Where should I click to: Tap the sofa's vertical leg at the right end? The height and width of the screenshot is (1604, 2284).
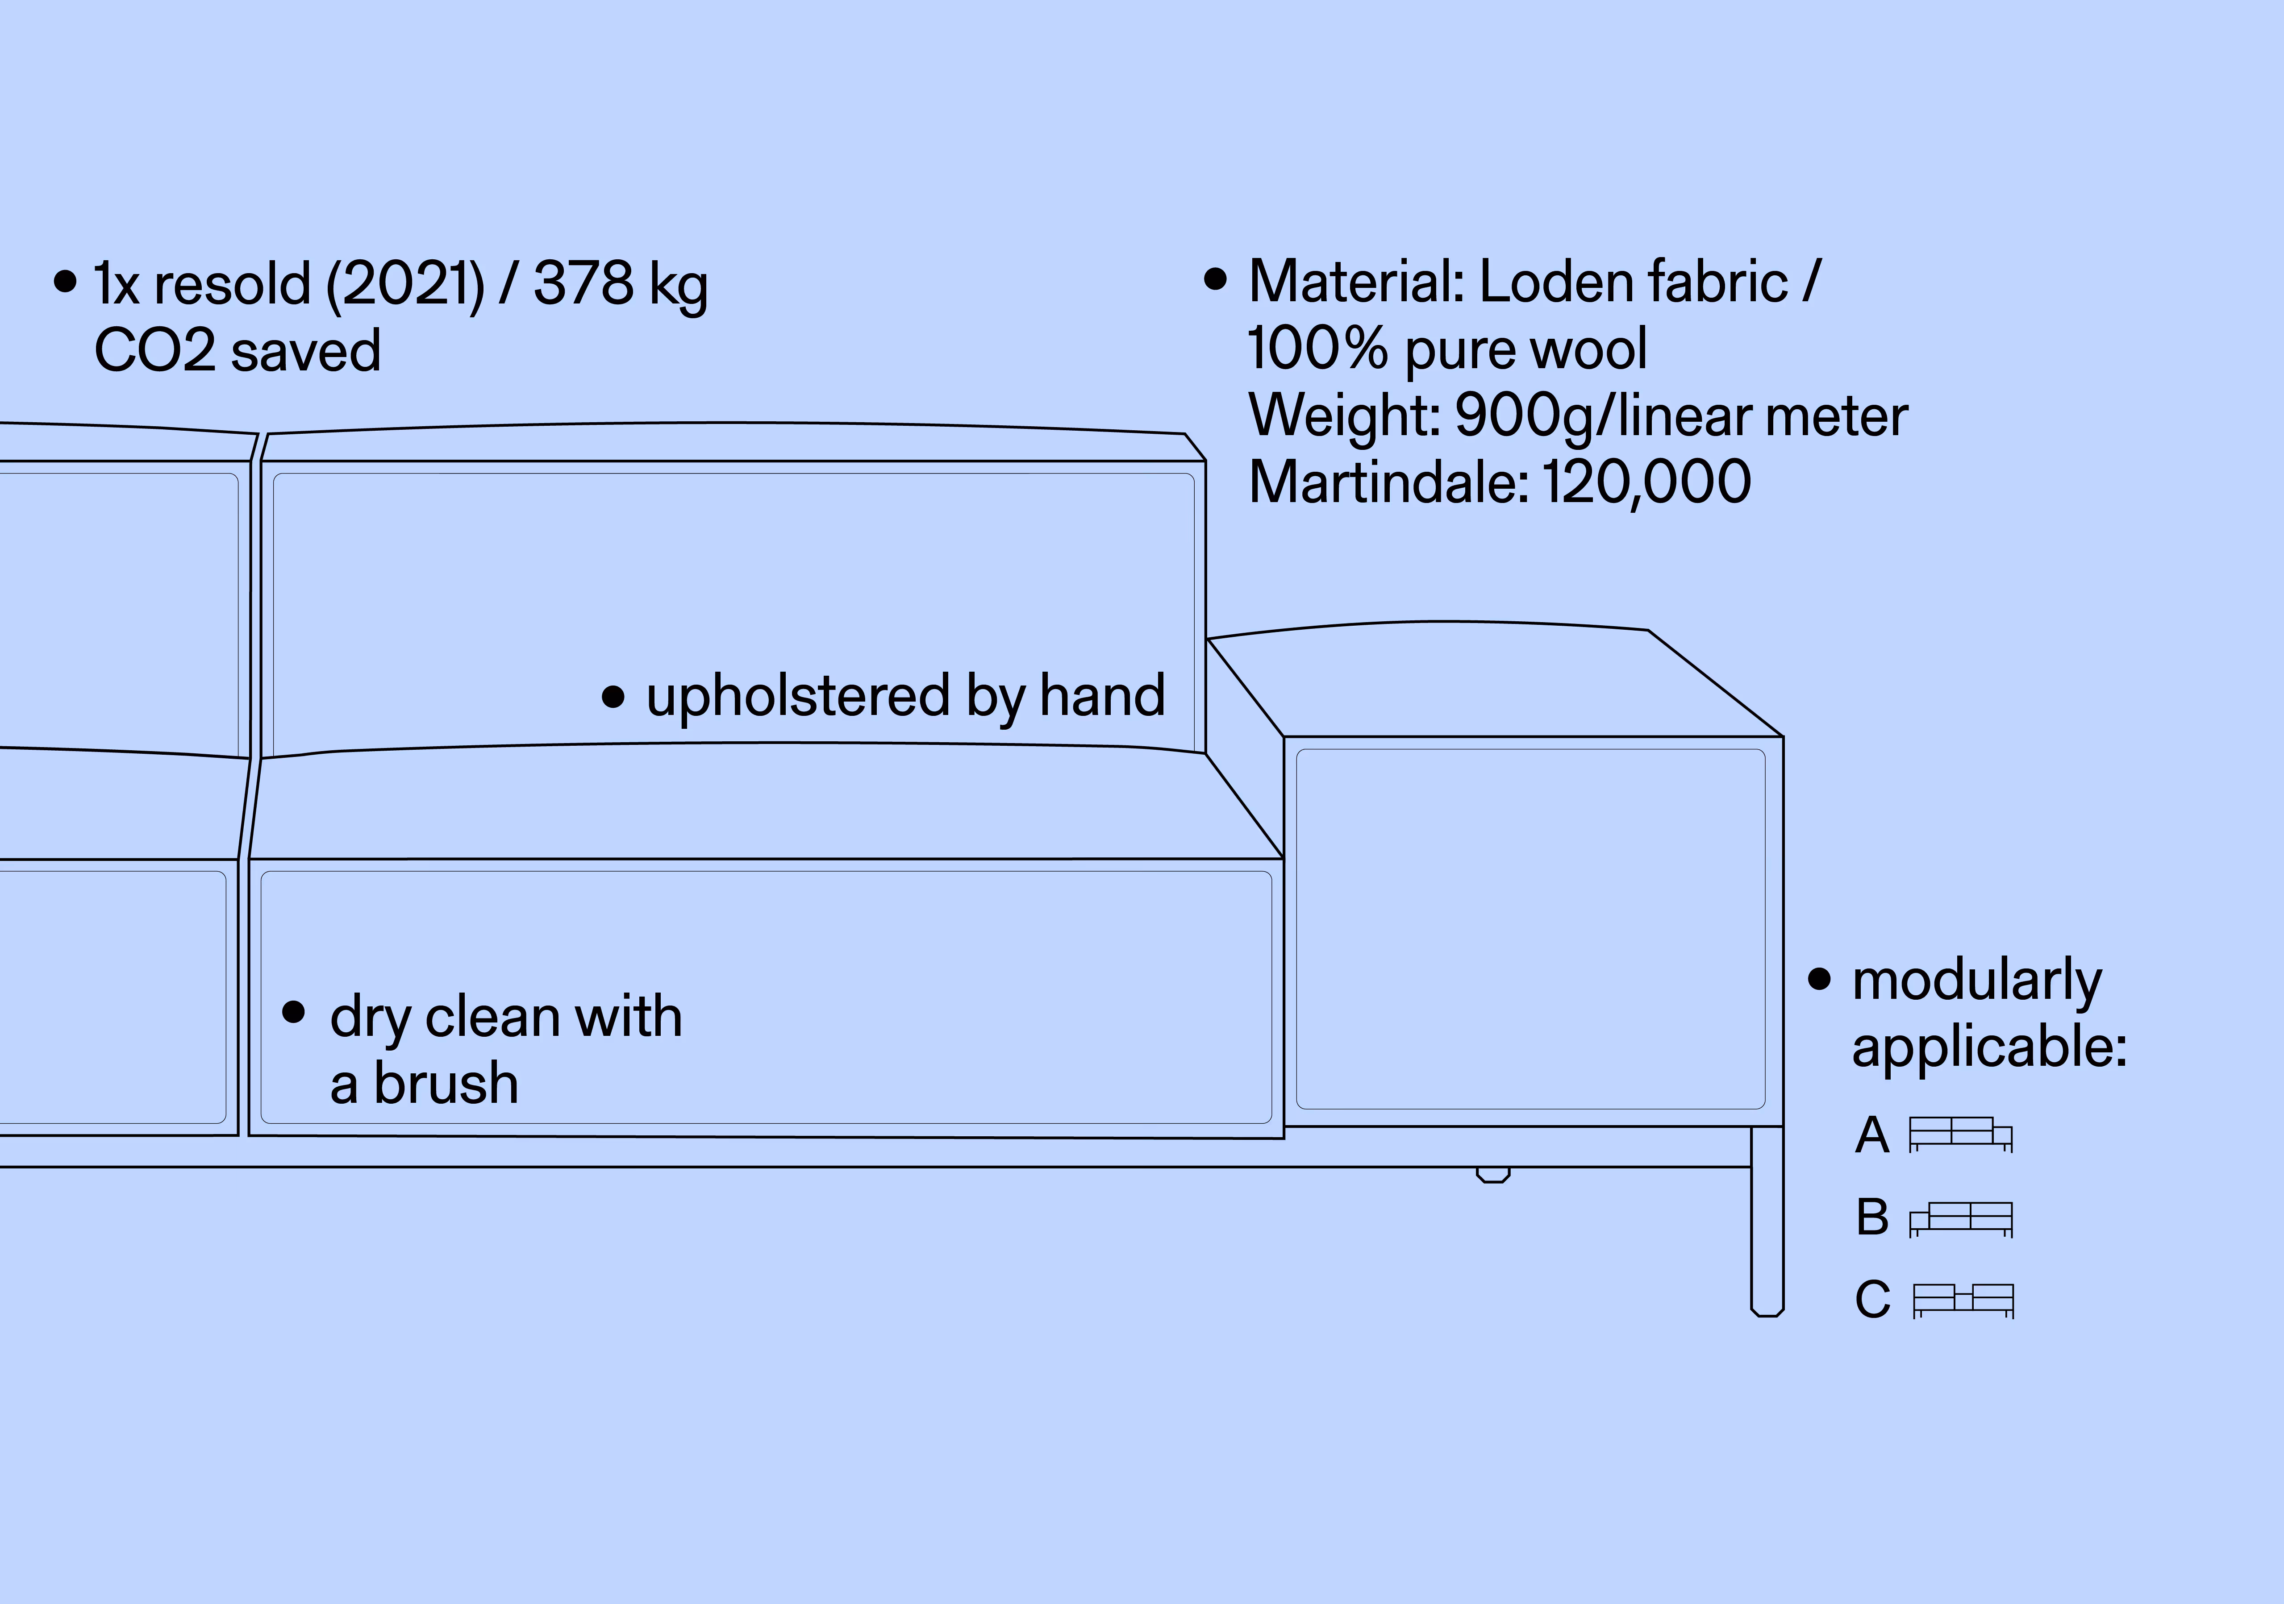coord(1767,1223)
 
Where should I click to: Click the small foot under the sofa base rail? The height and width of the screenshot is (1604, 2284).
coord(1492,1176)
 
